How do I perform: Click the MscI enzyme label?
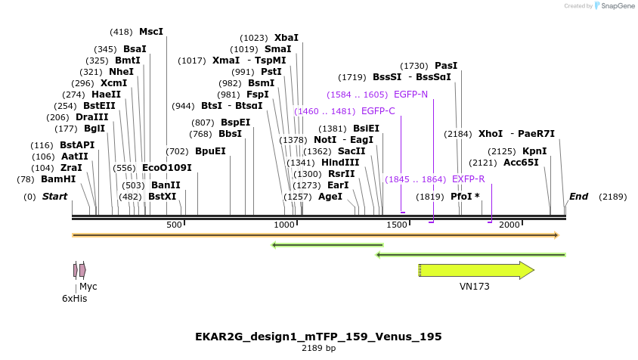150,32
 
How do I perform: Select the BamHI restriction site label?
58,179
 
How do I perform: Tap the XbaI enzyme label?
286,37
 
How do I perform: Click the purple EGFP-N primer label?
410,95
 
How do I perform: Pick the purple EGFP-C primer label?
378,111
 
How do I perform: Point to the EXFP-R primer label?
468,179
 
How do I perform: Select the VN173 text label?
474,287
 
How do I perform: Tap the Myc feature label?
88,287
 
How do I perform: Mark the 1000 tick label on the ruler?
284,225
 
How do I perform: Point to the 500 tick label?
174,225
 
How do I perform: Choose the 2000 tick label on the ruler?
509,225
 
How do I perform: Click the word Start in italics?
54,197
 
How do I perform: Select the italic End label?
578,197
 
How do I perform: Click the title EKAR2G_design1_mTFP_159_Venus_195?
318,336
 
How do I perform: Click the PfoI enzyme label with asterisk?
465,197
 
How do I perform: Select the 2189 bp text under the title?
318,349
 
